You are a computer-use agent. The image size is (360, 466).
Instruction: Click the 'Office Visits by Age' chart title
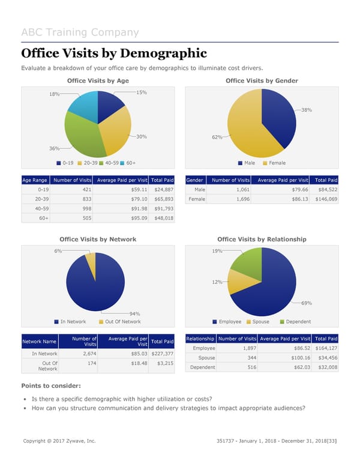point(97,81)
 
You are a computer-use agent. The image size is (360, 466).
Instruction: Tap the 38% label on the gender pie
point(306,110)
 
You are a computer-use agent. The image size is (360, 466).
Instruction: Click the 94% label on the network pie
point(135,313)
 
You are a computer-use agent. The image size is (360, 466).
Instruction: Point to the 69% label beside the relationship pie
point(306,303)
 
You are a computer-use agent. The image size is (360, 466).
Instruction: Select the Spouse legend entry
point(260,322)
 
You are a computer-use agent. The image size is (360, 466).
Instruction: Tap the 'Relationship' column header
point(200,339)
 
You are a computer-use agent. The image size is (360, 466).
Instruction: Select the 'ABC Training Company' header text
point(80,32)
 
